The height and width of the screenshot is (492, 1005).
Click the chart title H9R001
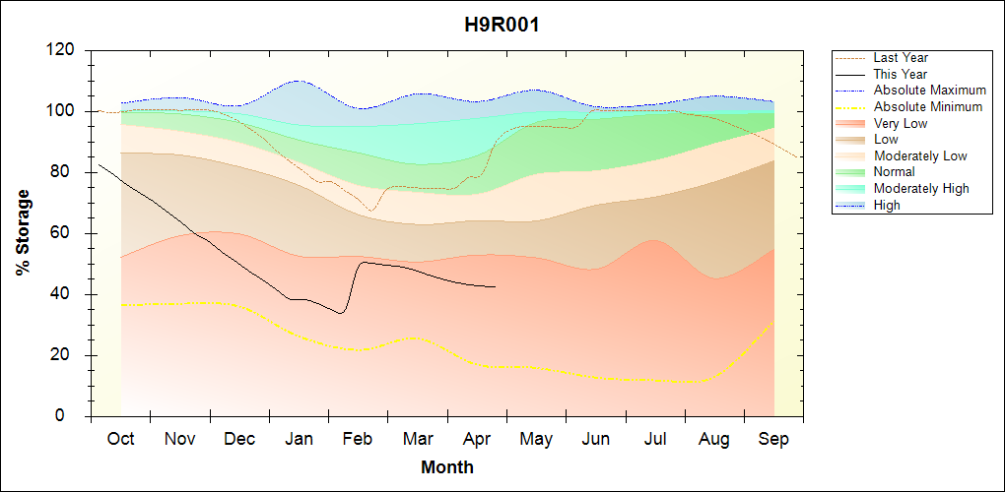point(502,26)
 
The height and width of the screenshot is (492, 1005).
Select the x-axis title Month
point(447,467)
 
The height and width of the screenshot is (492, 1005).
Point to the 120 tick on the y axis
point(63,50)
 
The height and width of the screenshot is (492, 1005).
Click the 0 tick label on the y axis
point(72,416)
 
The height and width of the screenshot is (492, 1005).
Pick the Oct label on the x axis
point(120,438)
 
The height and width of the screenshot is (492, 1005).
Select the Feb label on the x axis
point(358,438)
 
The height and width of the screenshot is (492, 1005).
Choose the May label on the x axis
point(536,438)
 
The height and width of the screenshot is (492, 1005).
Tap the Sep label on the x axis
point(773,438)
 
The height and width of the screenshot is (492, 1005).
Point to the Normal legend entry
point(895,172)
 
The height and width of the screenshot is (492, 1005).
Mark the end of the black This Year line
point(496,286)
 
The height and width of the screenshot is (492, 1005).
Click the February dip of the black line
point(341,313)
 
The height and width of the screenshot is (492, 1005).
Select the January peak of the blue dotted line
point(298,81)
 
